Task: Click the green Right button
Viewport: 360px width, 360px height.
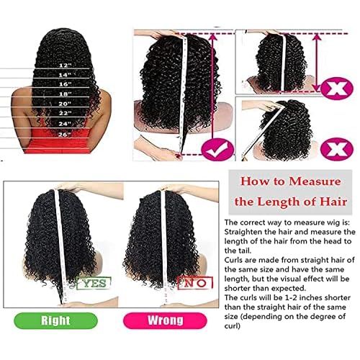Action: point(60,339)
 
